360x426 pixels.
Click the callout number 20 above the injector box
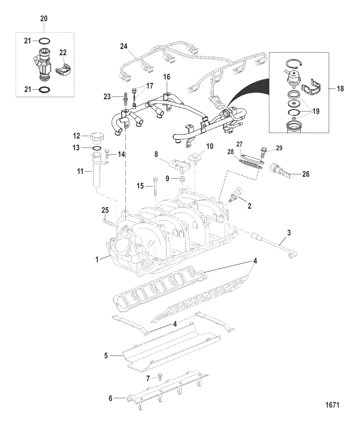pyautogui.click(x=44, y=19)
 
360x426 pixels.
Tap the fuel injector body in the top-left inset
pyautogui.click(x=43, y=64)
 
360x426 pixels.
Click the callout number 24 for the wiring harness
pyautogui.click(x=124, y=46)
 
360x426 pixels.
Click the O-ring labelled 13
pyautogui.click(x=97, y=148)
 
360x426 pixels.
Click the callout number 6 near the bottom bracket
pyautogui.click(x=111, y=398)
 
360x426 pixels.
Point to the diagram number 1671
pyautogui.click(x=333, y=404)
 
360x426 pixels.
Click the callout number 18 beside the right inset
pyautogui.click(x=340, y=89)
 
